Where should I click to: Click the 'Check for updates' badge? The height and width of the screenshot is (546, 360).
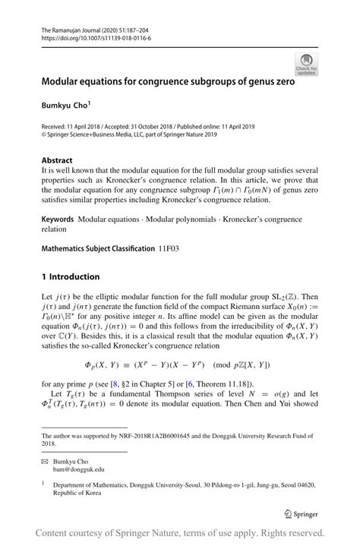[306, 65]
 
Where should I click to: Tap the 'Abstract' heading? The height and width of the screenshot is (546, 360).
[57, 160]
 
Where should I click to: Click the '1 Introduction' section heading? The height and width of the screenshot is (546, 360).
[70, 276]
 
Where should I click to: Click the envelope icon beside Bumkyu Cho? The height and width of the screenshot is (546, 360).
[45, 461]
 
